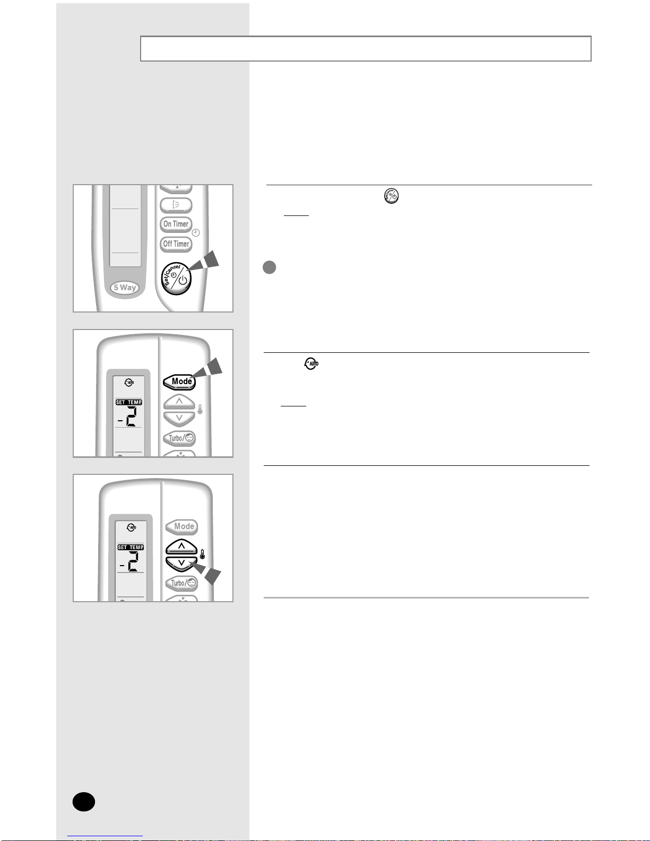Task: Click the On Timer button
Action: (176, 224)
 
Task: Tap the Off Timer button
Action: (176, 244)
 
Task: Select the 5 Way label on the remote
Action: (125, 288)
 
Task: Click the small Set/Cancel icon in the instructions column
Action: (391, 196)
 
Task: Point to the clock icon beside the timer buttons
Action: (196, 232)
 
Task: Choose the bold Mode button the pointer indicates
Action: (179, 382)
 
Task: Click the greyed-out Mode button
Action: (182, 526)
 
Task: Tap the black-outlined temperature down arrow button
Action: (181, 564)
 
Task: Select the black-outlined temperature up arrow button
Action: (181, 547)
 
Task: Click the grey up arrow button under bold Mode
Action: (179, 402)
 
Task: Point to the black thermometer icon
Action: (202, 554)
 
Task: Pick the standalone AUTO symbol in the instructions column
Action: (311, 363)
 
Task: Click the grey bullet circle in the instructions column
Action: (270, 267)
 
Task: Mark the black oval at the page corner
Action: (84, 802)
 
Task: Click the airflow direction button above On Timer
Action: (176, 205)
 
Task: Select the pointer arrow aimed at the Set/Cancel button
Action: (203, 262)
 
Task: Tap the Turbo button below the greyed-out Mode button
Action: (181, 583)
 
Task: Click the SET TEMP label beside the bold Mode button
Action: (129, 403)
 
